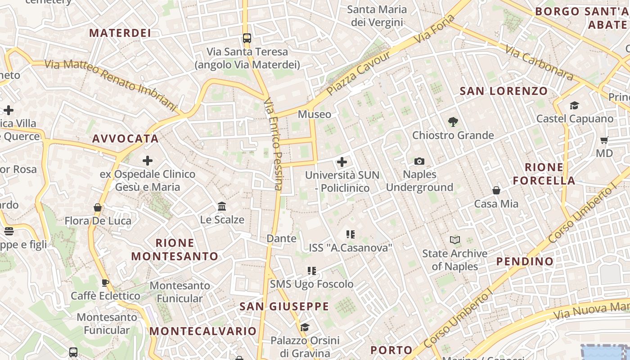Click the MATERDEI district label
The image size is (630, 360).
[120, 33]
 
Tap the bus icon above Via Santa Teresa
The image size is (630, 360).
[247, 38]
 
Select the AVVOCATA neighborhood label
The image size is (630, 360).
[126, 139]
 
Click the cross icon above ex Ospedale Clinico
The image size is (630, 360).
[148, 160]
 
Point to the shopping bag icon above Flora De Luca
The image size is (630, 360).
[98, 207]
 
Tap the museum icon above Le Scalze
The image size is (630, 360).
[222, 206]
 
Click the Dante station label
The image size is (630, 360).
[282, 238]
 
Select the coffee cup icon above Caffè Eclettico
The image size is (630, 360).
[105, 283]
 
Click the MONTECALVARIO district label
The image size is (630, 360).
[203, 331]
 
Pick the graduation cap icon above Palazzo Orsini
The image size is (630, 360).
[305, 327]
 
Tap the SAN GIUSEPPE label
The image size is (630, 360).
[284, 306]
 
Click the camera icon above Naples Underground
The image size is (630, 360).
[419, 161]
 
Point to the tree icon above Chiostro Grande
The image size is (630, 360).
[453, 121]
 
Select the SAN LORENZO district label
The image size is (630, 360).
[504, 91]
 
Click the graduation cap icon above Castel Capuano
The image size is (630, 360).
[575, 105]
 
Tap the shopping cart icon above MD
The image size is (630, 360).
[604, 140]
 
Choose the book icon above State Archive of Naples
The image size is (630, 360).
[455, 240]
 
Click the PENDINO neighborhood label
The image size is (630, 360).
[525, 261]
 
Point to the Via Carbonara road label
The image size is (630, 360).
[539, 63]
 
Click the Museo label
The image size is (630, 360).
[315, 114]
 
